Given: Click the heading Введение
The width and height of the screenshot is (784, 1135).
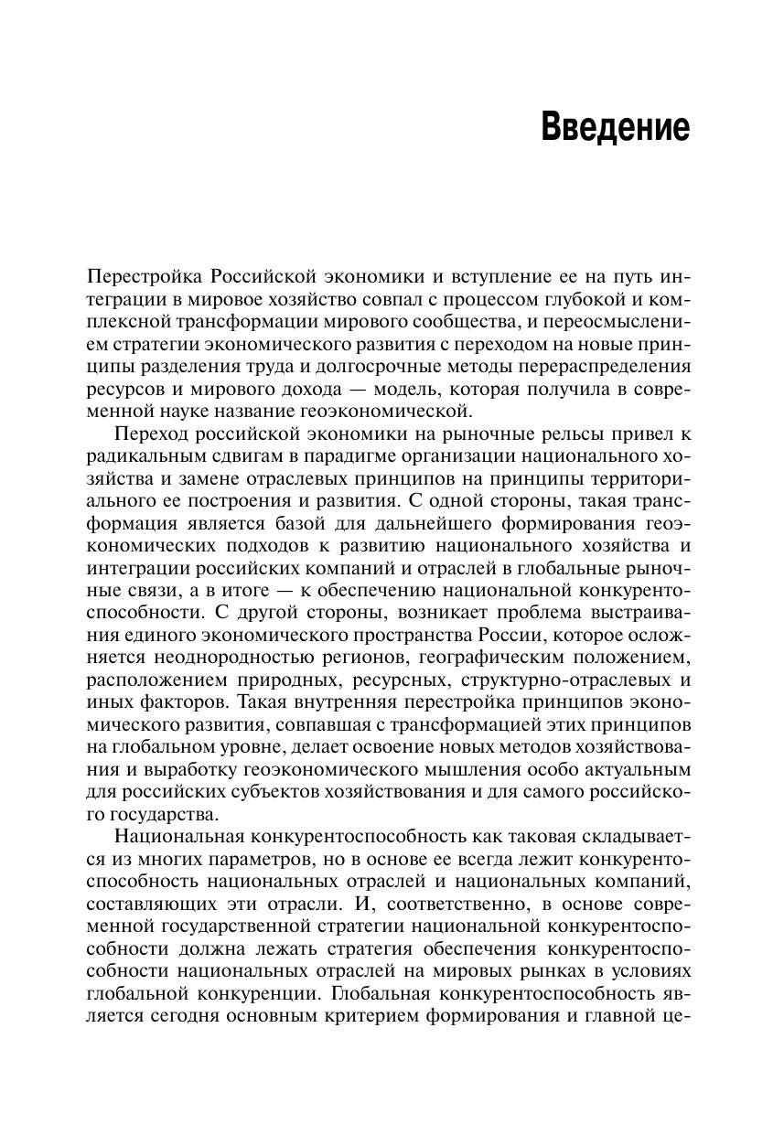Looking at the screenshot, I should [615, 127].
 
